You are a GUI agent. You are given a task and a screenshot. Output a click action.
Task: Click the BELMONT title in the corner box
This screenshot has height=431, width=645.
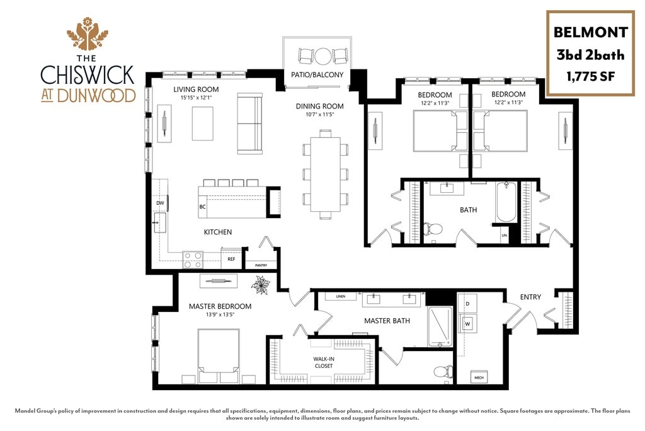pyautogui.click(x=590, y=32)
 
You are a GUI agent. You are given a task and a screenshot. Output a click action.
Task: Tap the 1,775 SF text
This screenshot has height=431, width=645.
pyautogui.click(x=590, y=77)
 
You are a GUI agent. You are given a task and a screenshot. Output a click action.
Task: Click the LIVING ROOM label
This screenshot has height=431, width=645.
pyautogui.click(x=196, y=89)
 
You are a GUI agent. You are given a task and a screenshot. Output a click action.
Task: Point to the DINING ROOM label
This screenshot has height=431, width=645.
pyautogui.click(x=319, y=106)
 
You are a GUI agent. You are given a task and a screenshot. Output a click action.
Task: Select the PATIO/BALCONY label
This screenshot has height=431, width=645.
pyautogui.click(x=317, y=75)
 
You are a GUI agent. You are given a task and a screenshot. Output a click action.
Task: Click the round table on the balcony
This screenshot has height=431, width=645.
pyautogui.click(x=323, y=57)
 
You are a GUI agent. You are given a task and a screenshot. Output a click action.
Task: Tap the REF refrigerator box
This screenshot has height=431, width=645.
pyautogui.click(x=231, y=258)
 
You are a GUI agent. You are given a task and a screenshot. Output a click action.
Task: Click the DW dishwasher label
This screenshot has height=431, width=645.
pyautogui.click(x=160, y=204)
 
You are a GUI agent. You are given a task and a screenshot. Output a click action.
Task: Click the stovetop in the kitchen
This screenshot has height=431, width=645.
pyautogui.click(x=193, y=258)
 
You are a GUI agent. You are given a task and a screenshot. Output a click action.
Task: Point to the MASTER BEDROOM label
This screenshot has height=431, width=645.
pyautogui.click(x=220, y=307)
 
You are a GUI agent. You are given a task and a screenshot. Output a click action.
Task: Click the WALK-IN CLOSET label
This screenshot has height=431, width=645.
pyautogui.click(x=323, y=362)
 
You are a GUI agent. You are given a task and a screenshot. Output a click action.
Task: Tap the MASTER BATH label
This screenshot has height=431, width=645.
pyautogui.click(x=387, y=321)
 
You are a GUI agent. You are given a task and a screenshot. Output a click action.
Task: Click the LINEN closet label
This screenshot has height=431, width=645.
pyautogui.click(x=341, y=296)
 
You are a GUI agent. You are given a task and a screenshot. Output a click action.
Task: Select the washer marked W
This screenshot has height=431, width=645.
pyautogui.click(x=468, y=324)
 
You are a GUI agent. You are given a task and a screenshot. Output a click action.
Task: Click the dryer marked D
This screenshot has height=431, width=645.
pyautogui.click(x=467, y=304)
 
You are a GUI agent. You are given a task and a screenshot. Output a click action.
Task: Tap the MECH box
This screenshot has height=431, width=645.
pyautogui.click(x=477, y=377)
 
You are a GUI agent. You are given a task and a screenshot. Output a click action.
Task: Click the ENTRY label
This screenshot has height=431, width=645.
pyautogui.click(x=530, y=297)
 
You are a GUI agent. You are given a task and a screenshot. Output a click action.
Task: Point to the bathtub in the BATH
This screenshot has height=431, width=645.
pyautogui.click(x=506, y=202)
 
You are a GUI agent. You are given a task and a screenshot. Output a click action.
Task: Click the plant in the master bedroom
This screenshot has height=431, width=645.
pyautogui.click(x=260, y=285)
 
